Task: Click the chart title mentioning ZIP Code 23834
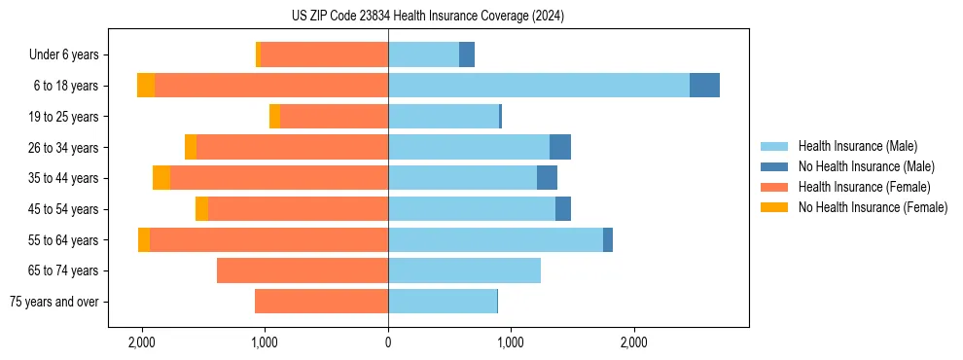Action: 427,16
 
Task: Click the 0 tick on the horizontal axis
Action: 388,342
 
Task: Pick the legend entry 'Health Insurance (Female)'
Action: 864,187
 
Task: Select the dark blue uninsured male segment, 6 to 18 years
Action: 704,86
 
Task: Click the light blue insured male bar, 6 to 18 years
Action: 539,86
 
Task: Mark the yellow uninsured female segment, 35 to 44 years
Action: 161,178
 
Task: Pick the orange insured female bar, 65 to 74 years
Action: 303,270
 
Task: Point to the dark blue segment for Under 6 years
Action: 467,55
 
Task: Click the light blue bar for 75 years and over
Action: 443,302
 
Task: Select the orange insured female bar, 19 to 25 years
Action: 334,117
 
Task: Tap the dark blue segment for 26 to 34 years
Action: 560,147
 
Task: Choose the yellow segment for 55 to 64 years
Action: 144,239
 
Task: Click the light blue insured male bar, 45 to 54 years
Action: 472,209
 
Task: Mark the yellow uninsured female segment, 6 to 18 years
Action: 146,86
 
